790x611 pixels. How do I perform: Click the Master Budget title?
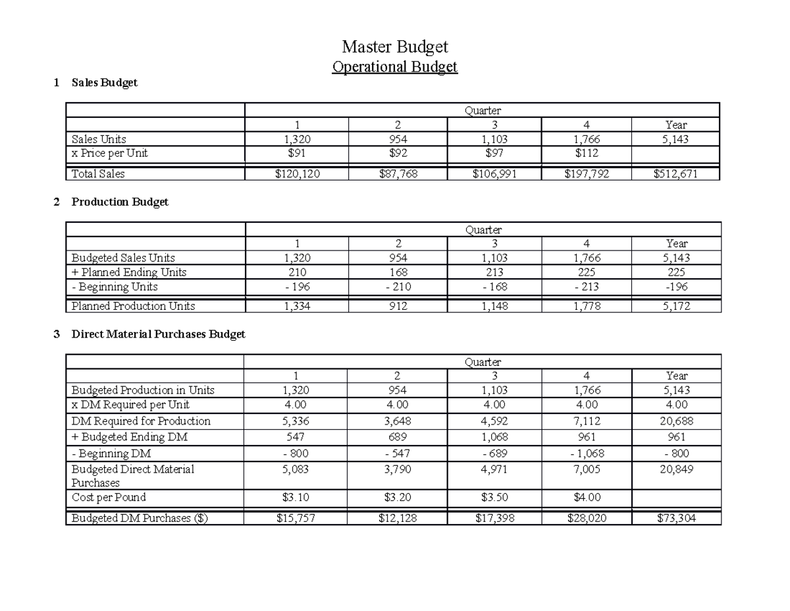point(394,47)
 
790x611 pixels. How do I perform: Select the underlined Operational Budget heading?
point(394,67)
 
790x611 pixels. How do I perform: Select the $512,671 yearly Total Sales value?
point(676,174)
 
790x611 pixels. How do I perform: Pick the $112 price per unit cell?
point(586,153)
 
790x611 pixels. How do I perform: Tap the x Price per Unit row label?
point(109,153)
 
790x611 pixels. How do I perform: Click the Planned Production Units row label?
point(133,306)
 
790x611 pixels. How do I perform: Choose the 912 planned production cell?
point(398,306)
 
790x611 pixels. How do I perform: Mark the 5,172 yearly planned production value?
point(676,306)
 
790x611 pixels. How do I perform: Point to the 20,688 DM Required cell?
point(676,421)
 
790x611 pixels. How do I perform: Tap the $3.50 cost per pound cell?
point(494,497)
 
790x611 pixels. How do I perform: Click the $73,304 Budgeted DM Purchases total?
point(676,519)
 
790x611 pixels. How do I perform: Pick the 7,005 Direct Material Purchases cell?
point(586,469)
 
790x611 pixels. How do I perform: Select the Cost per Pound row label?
point(109,497)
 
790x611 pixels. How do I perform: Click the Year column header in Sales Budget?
point(676,125)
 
